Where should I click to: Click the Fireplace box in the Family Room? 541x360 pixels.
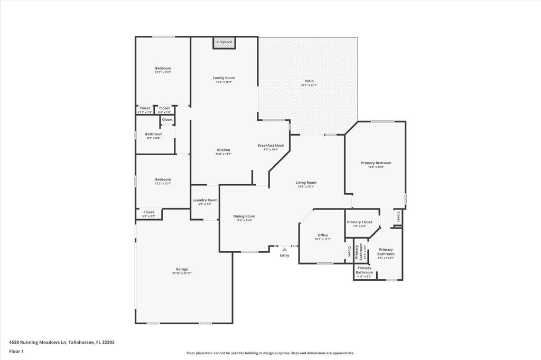coord(224,42)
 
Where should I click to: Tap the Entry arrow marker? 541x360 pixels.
coord(285,249)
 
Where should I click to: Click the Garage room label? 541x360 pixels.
coord(182,269)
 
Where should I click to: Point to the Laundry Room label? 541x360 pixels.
coord(204,200)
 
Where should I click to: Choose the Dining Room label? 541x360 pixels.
coord(244,216)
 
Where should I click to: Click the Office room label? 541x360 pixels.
coord(323,235)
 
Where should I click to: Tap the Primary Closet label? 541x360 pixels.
coord(360,222)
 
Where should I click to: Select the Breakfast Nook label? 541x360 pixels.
coord(270,145)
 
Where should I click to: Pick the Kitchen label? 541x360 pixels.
coord(223,150)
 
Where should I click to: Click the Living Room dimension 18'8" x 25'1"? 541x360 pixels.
coord(306,186)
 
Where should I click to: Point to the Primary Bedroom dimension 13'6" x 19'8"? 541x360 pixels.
coord(376,167)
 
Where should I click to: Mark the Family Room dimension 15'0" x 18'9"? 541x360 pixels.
coord(223,82)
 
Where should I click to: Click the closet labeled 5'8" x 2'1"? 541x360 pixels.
coord(148,216)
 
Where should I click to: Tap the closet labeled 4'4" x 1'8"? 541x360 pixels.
coord(164,112)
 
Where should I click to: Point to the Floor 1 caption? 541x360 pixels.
coord(16,351)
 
